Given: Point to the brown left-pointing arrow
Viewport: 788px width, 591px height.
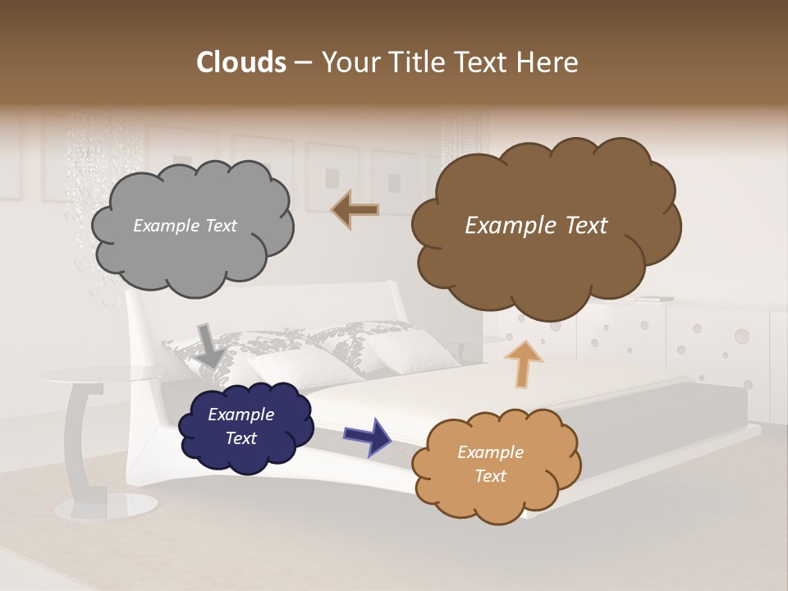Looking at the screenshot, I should [x=355, y=209].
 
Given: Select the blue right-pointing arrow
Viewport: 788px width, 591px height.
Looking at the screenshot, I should [x=367, y=435].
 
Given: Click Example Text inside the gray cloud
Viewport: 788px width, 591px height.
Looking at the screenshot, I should [x=185, y=226].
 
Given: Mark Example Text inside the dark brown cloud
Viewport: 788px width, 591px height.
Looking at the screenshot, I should [x=536, y=226].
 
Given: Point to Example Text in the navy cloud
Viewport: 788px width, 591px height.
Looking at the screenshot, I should [x=241, y=426].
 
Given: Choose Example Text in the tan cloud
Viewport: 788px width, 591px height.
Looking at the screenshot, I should [x=490, y=464].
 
